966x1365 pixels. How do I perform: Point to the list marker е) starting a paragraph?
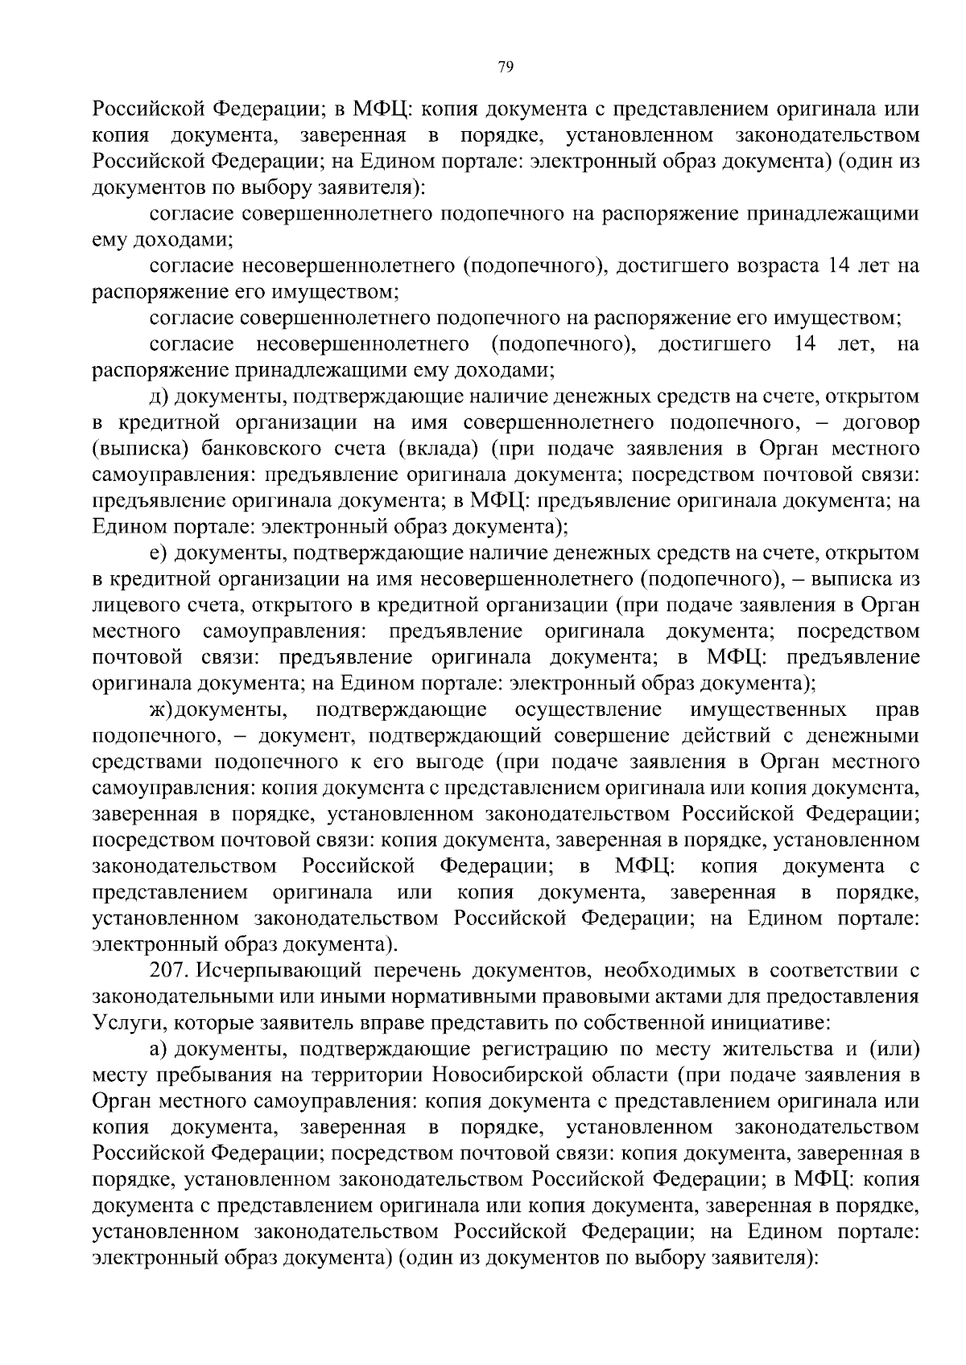point(157,553)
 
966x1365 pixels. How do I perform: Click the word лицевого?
point(130,605)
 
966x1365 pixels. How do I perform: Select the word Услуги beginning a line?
point(122,1024)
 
